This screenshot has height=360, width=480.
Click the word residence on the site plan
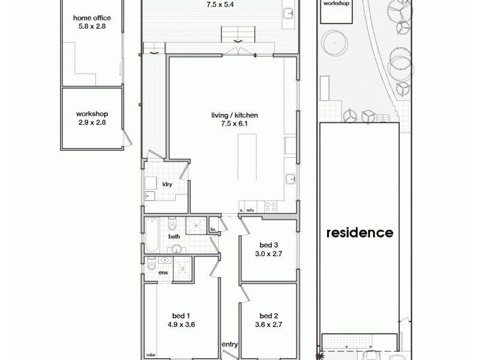pos(359,232)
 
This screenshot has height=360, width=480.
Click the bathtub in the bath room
pos(152,236)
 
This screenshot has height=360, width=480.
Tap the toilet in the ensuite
pos(151,265)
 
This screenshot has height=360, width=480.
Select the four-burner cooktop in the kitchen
pos(271,208)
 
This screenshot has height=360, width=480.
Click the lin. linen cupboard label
pos(212,229)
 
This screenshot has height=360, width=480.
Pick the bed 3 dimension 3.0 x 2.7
pos(268,254)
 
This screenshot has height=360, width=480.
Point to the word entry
pos(229,344)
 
